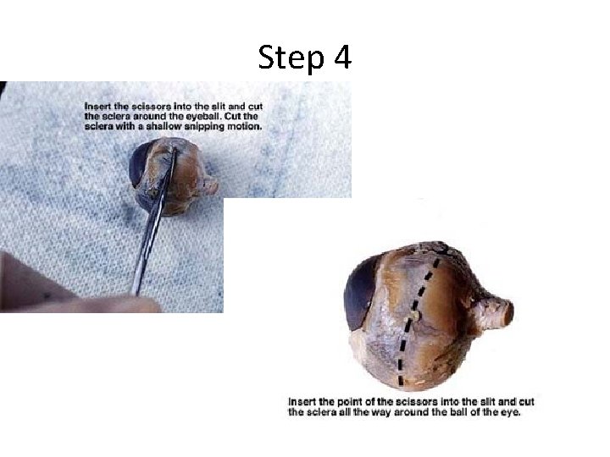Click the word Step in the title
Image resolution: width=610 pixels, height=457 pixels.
291,58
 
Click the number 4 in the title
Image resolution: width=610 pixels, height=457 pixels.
343,57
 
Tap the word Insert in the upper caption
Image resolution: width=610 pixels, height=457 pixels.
97,106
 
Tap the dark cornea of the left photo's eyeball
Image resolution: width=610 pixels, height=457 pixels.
138,163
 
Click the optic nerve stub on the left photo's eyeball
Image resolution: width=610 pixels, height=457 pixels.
210,185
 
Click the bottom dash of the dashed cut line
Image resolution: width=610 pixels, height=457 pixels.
401,381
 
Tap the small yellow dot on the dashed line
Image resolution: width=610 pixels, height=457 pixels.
415,315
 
